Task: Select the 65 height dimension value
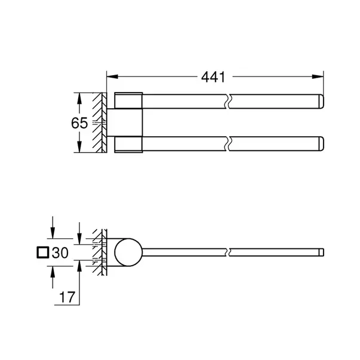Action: click(79, 123)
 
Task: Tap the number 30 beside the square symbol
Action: click(60, 253)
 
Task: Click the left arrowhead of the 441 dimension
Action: click(110, 76)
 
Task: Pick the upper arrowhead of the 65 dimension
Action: click(78, 96)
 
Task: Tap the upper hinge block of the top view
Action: click(128, 101)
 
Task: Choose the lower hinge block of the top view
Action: click(128, 144)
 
